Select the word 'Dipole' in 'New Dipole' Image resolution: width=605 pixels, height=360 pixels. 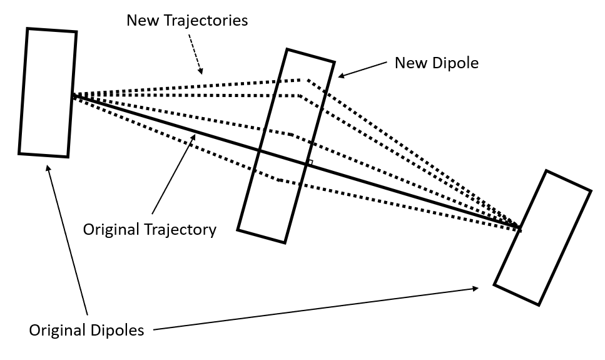pyautogui.click(x=455, y=63)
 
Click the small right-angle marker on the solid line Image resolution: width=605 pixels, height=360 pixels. pyautogui.click(x=308, y=163)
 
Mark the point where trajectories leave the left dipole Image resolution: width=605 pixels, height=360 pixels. pyautogui.click(x=73, y=95)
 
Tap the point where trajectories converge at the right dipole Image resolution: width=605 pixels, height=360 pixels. pyautogui.click(x=519, y=227)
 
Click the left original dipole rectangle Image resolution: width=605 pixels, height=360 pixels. pyautogui.click(x=47, y=93)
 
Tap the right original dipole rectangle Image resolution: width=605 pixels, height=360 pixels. pyautogui.click(x=542, y=238)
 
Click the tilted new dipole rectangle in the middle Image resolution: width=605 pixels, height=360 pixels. pyautogui.click(x=286, y=145)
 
